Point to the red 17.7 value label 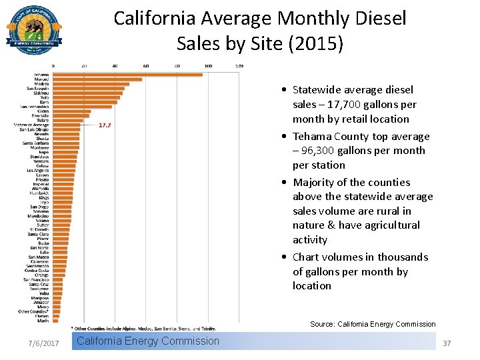pyautogui.click(x=105, y=125)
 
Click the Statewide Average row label pyautogui.click(x=31, y=125)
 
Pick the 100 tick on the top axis pyautogui.click(x=208, y=66)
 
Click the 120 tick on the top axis pyautogui.click(x=239, y=66)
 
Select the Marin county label pyautogui.click(x=43, y=321)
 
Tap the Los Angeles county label pyautogui.click(x=37, y=170)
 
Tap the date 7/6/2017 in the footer pyautogui.click(x=43, y=343)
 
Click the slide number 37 pyautogui.click(x=447, y=343)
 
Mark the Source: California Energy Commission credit pyautogui.click(x=373, y=324)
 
